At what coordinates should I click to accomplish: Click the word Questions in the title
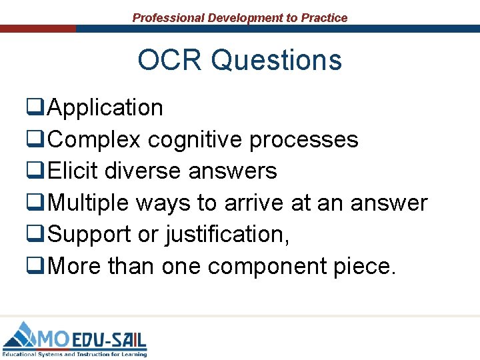(x=277, y=61)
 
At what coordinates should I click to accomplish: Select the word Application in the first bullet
(x=105, y=108)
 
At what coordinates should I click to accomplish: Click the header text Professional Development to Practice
(x=240, y=18)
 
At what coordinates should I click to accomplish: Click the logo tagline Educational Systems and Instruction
(x=73, y=354)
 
